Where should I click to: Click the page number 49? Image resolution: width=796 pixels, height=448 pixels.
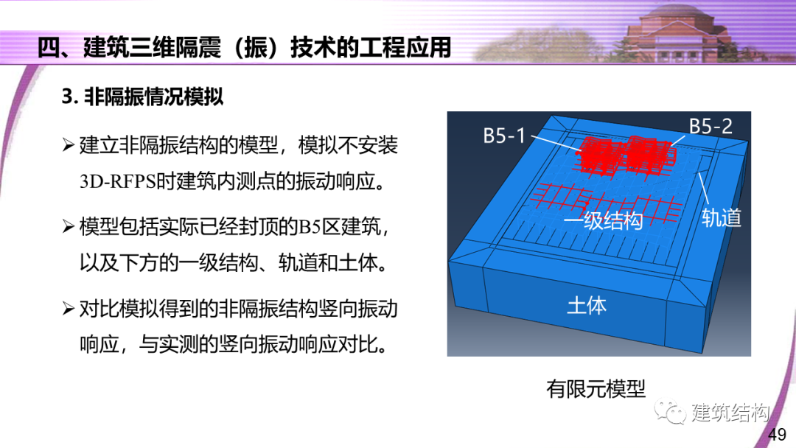777,435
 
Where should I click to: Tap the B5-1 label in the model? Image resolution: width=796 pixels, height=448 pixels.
504,136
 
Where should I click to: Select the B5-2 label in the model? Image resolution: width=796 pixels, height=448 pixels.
711,126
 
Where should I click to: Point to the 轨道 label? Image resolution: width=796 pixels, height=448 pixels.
721,217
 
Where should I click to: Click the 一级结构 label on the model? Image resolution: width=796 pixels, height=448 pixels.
603,220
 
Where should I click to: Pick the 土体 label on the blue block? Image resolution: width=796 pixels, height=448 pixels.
587,305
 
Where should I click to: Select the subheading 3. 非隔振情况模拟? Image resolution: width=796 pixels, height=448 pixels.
142,97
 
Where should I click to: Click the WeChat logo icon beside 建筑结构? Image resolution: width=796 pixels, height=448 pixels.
672,413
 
